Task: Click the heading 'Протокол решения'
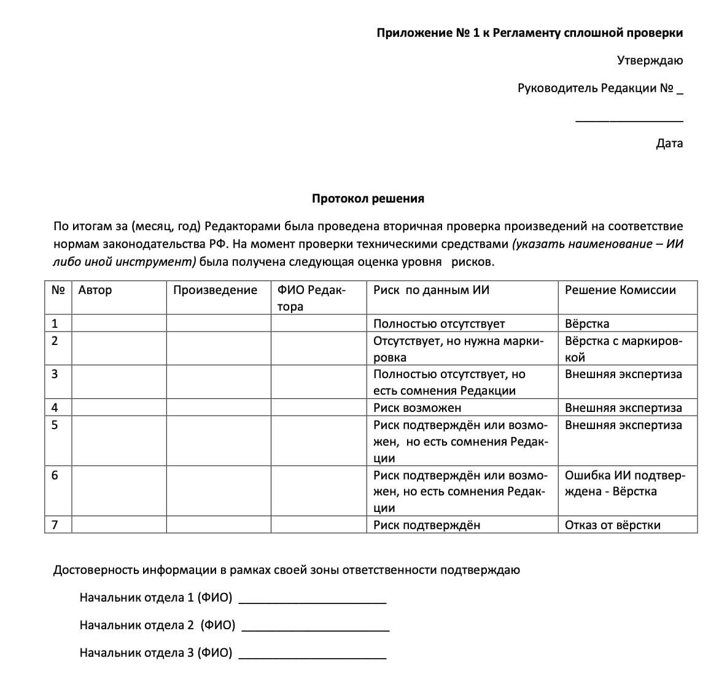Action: point(368,199)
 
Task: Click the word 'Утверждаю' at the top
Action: point(650,61)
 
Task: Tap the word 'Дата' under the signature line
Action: point(669,144)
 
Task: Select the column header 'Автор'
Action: point(95,290)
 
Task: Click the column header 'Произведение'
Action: point(215,290)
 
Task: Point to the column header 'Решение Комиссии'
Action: point(620,290)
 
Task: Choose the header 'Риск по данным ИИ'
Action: point(431,290)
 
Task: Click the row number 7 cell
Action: point(55,525)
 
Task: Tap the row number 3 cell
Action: point(55,374)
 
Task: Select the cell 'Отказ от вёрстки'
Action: point(613,525)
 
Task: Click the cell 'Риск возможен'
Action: point(417,408)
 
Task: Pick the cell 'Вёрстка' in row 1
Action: point(587,324)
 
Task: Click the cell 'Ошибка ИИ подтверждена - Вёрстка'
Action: point(624,484)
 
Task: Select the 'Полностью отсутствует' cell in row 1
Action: point(439,324)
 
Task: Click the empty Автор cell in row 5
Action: point(119,441)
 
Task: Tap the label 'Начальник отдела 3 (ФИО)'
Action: point(156,653)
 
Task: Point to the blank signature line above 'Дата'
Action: point(629,119)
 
